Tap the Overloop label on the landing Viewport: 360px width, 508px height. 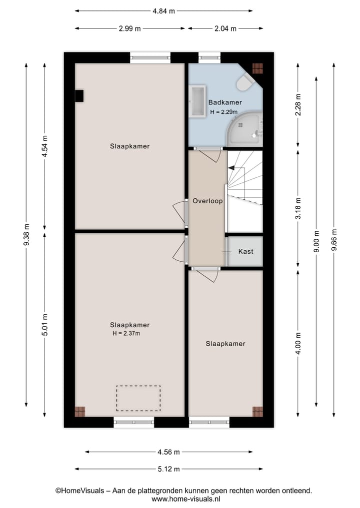coord(207,201)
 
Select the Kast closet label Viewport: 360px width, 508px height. coord(245,251)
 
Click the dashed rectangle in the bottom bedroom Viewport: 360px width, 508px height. coord(138,398)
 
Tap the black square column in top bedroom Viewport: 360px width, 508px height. coord(79,95)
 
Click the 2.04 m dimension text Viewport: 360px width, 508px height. coord(225,28)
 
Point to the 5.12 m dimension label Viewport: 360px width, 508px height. coord(168,469)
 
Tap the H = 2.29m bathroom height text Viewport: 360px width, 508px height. coord(223,112)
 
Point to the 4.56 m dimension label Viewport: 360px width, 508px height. coord(168,452)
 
